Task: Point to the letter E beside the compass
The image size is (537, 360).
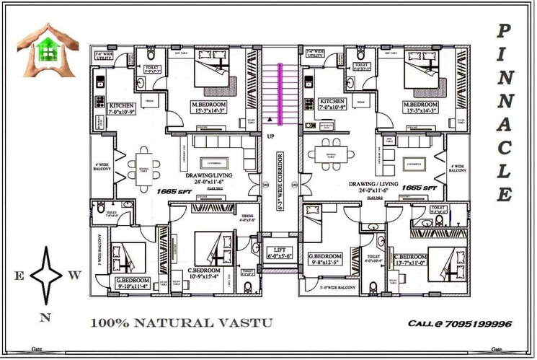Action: click(19, 275)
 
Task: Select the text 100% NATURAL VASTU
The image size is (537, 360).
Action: click(182, 322)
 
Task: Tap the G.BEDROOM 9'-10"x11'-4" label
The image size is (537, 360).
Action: click(131, 282)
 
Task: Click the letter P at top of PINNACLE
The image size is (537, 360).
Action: click(505, 31)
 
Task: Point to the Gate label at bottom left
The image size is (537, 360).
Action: click(37, 348)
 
